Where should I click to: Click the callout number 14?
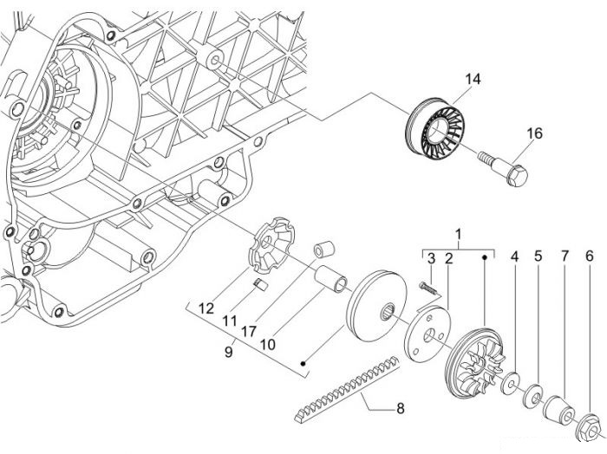(473, 79)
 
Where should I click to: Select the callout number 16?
(535, 133)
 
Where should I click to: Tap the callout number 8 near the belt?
(401, 408)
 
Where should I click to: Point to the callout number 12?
(206, 308)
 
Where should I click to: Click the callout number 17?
(249, 331)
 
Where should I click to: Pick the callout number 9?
(229, 352)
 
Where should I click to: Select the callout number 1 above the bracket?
(459, 234)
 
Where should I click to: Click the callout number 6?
(589, 256)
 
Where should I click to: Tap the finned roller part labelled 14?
(434, 125)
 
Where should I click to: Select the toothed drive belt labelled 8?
(346, 389)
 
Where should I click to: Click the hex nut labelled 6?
(587, 428)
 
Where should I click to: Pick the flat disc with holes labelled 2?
(428, 334)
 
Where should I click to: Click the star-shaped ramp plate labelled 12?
(271, 243)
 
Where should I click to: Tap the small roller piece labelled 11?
(261, 284)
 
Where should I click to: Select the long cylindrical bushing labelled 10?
(330, 280)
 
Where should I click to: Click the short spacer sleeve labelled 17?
(324, 250)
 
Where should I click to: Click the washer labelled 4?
(511, 383)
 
